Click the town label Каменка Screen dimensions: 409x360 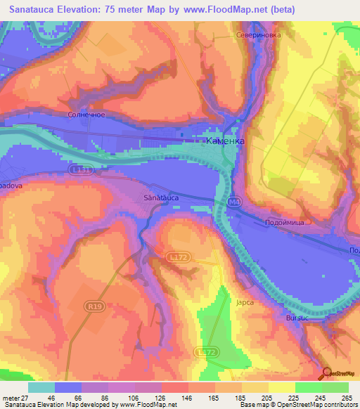click(x=225, y=141)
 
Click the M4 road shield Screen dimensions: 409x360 click(x=234, y=202)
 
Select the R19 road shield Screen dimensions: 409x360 click(x=92, y=306)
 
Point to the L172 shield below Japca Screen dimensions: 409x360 click(x=205, y=351)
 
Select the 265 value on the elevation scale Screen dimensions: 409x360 click(x=346, y=398)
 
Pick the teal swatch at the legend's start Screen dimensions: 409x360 click(x=41, y=387)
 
